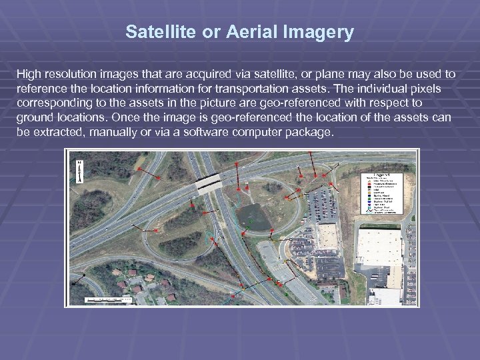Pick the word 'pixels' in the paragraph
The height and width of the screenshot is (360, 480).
[438, 88]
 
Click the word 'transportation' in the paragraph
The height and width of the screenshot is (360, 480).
[247, 88]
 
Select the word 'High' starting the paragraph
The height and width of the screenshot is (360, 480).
[29, 73]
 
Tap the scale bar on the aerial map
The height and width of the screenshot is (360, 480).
[110, 299]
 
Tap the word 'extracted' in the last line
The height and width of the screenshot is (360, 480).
[46, 132]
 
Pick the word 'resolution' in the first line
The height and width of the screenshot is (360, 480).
[71, 73]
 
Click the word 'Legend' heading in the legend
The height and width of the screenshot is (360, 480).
[384, 174]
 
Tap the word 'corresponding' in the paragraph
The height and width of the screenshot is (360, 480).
[53, 103]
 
